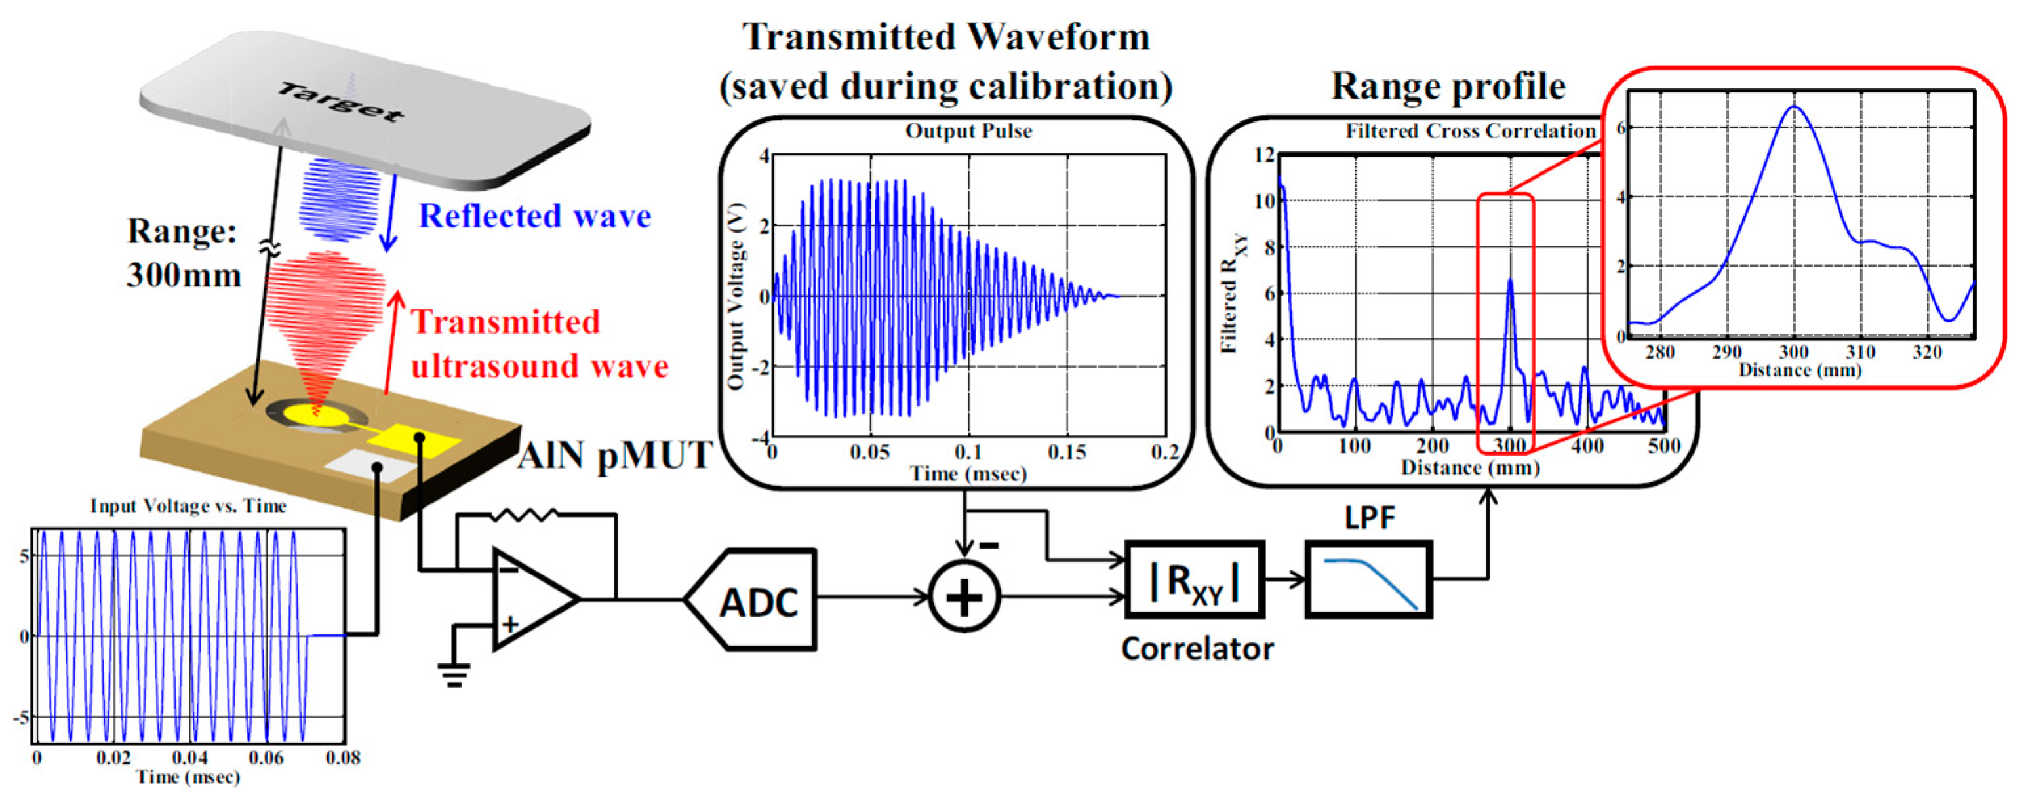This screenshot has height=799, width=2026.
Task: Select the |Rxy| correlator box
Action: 1195,580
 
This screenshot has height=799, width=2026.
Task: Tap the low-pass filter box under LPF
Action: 1368,579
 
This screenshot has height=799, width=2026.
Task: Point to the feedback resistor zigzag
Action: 523,515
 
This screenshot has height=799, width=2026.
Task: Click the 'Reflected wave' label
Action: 535,216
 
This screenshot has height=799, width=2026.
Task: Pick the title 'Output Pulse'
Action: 968,131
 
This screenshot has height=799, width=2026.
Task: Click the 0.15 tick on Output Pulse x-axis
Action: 1067,452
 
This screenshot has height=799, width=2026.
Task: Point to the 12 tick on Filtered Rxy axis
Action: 1263,154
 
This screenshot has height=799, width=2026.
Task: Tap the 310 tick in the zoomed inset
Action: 1861,351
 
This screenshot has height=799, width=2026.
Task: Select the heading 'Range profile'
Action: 1448,86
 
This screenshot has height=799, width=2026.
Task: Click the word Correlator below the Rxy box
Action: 1197,649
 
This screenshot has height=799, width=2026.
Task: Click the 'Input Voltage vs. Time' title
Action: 188,505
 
